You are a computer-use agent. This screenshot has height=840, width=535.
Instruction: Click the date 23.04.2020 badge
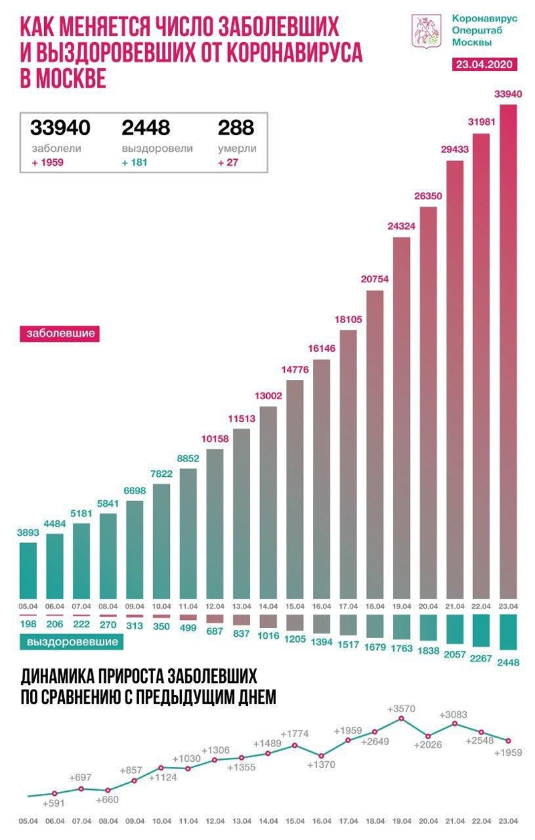pyautogui.click(x=484, y=65)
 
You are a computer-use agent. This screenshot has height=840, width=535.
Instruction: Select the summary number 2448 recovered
pyautogui.click(x=146, y=127)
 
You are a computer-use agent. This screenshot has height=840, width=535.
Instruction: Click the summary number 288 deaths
pyautogui.click(x=236, y=127)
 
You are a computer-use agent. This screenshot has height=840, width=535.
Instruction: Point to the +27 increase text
pyautogui.click(x=229, y=162)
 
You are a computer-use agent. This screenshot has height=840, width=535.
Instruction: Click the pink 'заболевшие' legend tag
pyautogui.click(x=60, y=332)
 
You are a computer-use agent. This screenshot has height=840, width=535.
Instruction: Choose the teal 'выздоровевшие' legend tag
pyautogui.click(x=73, y=642)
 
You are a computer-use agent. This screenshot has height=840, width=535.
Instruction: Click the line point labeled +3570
pyautogui.click(x=401, y=718)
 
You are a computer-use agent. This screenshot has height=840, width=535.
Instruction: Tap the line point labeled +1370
pyautogui.click(x=321, y=755)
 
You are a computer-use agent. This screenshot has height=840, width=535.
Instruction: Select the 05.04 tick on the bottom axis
pyautogui.click(x=27, y=820)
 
